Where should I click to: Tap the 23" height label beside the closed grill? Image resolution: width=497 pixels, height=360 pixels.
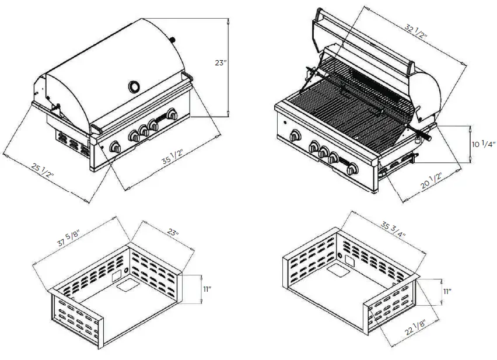220,63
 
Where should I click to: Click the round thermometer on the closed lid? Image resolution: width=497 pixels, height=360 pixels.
135,87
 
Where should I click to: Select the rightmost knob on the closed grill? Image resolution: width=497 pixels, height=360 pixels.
171,115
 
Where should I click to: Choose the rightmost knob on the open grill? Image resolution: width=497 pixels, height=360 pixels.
352,170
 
